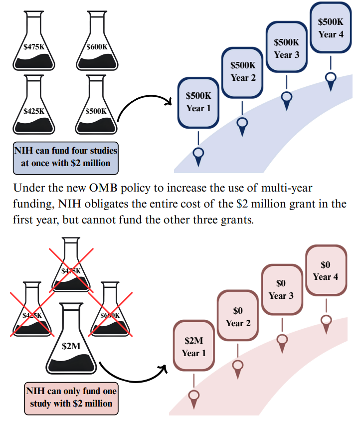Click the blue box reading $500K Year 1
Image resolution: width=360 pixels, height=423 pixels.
[198, 102]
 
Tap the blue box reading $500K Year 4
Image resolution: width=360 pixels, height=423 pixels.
[331, 28]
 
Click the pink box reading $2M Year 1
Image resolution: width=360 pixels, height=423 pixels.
[194, 347]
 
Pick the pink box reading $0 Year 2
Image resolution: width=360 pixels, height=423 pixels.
[238, 316]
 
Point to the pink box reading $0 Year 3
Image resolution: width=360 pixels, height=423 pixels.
[281, 289]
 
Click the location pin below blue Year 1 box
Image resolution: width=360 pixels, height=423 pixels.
[198, 155]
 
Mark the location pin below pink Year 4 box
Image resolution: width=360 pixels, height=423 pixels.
[326, 322]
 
